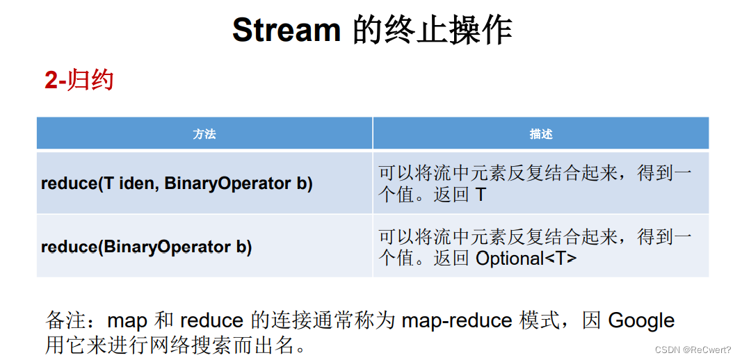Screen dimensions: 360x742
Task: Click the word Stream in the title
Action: click(286, 31)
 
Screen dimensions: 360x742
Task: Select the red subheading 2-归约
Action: click(79, 81)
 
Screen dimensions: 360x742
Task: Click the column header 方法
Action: click(204, 133)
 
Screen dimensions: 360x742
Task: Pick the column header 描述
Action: click(540, 133)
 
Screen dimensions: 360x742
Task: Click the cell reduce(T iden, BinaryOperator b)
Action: click(177, 183)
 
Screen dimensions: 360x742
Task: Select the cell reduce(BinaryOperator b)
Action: click(146, 247)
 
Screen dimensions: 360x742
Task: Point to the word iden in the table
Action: click(138, 183)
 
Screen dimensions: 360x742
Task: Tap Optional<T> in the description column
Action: click(526, 259)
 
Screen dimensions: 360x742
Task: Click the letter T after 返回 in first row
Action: click(480, 195)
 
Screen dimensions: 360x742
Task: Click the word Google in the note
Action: click(641, 320)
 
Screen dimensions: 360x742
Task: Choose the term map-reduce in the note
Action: click(457, 320)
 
